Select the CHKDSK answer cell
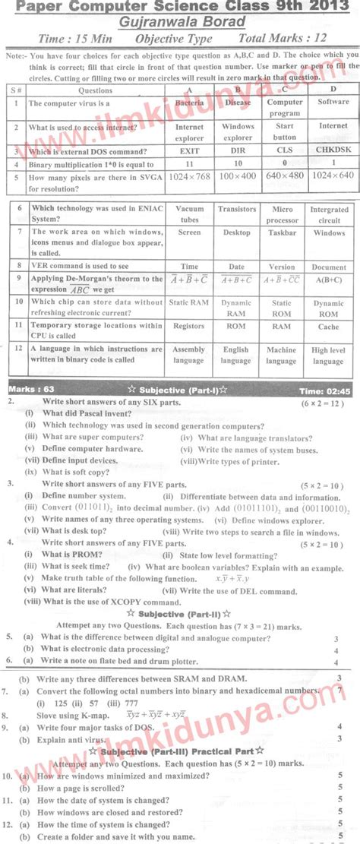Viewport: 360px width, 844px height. click(x=333, y=150)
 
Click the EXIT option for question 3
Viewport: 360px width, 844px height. click(x=189, y=150)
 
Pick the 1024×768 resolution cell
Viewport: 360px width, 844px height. click(x=189, y=179)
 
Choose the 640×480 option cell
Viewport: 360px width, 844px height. click(x=285, y=179)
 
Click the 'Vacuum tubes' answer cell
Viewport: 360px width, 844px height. click(x=189, y=213)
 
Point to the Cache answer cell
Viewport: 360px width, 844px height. click(x=329, y=326)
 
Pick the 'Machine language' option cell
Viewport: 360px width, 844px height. click(x=282, y=356)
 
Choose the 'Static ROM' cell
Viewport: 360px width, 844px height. click(x=282, y=308)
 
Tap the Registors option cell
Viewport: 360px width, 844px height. click(x=189, y=326)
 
